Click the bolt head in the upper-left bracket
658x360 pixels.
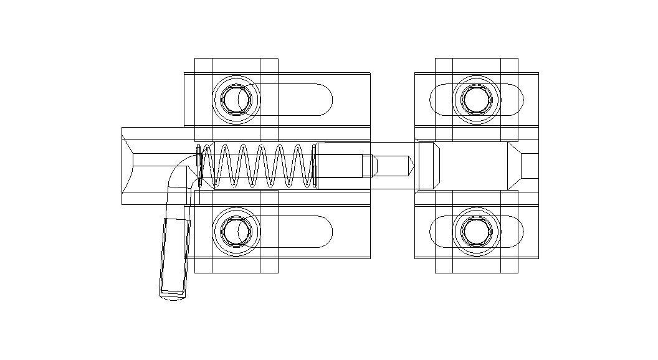(x=236, y=99)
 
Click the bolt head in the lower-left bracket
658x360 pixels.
(x=236, y=231)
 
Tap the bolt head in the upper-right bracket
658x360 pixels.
(x=477, y=99)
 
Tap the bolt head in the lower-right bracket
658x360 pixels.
(x=477, y=231)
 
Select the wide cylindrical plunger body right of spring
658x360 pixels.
(x=340, y=166)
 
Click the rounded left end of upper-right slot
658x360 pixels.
(x=437, y=100)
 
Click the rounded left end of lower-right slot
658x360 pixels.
(x=437, y=232)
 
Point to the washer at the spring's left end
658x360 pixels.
(x=199, y=166)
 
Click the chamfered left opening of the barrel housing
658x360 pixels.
(x=128, y=166)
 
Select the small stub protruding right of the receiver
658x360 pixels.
(x=530, y=166)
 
